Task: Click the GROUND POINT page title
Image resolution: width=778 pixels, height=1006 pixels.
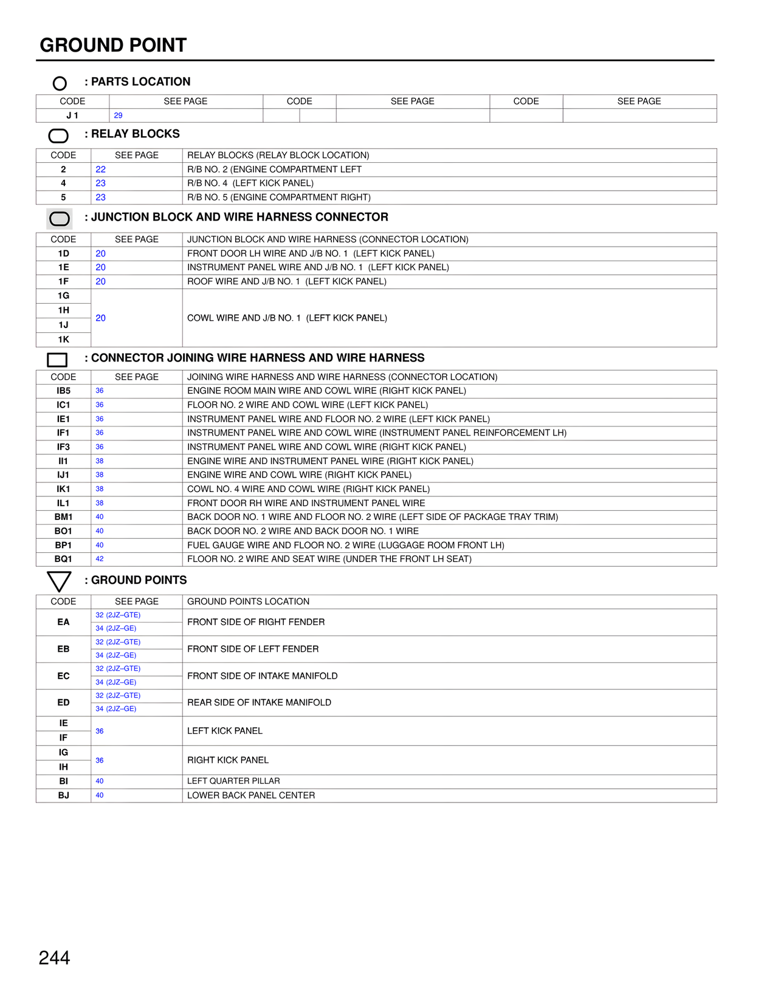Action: [113, 46]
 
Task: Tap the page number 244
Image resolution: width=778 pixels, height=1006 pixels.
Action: [54, 958]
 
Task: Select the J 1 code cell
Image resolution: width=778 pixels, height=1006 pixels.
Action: [72, 115]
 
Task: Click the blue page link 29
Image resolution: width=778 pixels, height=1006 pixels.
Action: [118, 115]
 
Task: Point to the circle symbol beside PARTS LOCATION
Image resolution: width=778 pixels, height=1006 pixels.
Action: [60, 83]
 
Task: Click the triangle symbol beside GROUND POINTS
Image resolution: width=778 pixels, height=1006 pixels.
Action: [59, 581]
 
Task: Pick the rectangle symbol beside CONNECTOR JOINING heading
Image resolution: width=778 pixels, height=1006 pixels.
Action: [57, 360]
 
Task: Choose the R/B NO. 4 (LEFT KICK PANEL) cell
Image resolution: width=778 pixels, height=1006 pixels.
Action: [250, 183]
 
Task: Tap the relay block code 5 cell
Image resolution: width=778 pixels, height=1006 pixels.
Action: [63, 197]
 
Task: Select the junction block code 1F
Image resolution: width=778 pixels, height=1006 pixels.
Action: [63, 281]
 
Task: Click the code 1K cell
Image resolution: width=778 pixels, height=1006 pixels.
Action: [63, 340]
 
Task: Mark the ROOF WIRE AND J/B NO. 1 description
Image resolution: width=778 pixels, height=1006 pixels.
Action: [287, 281]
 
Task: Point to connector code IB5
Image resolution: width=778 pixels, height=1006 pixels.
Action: [63, 391]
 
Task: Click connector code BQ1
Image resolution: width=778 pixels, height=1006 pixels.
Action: [63, 559]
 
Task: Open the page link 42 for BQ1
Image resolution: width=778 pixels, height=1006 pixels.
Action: [100, 559]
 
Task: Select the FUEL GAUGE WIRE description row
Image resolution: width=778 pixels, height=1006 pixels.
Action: [345, 545]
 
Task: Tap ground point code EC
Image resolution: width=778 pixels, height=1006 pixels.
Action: [63, 676]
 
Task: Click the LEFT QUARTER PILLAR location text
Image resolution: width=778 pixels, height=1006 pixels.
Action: [233, 781]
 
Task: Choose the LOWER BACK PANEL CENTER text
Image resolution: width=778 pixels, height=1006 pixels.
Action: [251, 795]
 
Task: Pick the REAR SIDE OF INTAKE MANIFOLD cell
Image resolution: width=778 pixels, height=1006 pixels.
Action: [259, 702]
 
